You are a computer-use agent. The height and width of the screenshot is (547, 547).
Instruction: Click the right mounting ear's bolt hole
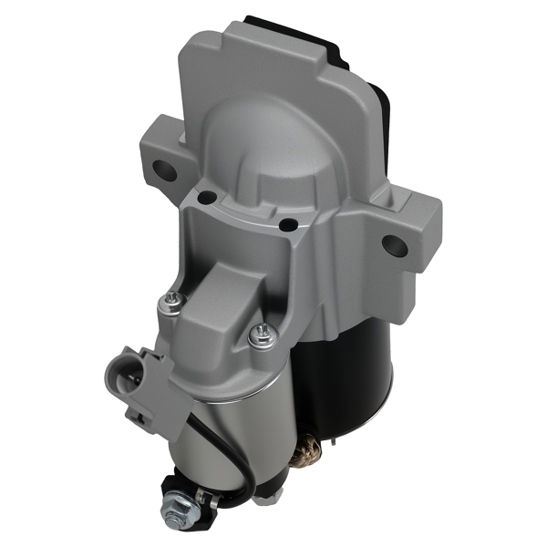click(x=394, y=244)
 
